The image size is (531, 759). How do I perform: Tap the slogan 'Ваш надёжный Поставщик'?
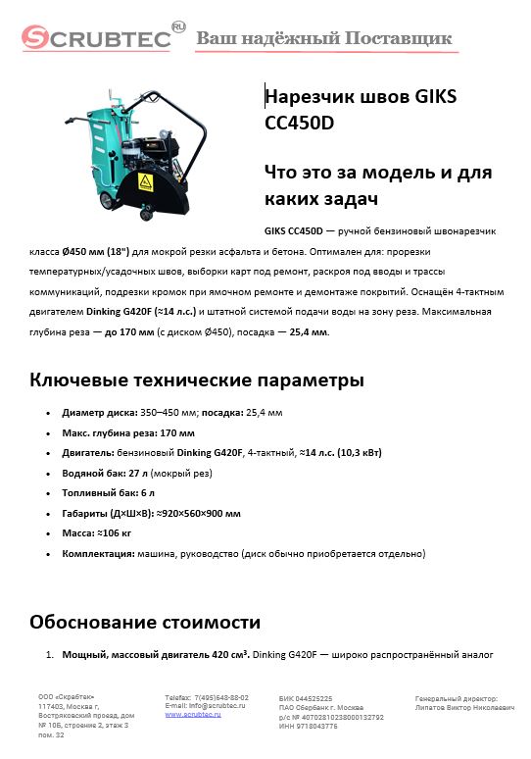point(324,38)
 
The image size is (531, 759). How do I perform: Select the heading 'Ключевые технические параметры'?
point(197,379)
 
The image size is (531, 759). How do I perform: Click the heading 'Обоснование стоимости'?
point(145,622)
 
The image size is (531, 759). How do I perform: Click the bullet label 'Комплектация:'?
point(97,553)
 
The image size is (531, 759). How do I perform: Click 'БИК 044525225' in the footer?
point(306,697)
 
